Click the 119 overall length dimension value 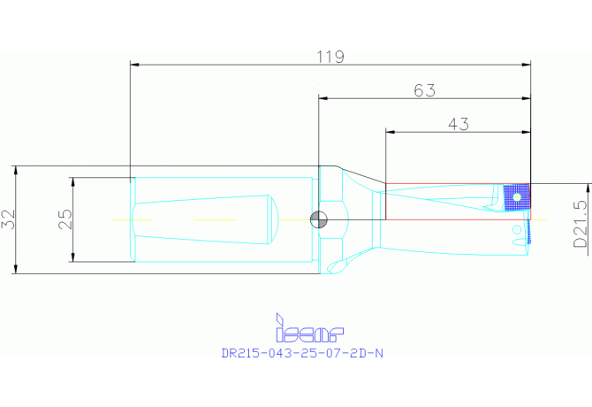[x=330, y=57]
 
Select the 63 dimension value [x=424, y=90]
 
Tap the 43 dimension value [x=459, y=124]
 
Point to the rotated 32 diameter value [x=9, y=219]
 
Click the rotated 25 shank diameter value [x=65, y=219]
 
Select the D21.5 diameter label [x=581, y=224]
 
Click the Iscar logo [x=309, y=327]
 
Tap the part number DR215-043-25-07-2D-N [x=302, y=353]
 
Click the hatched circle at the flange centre [x=319, y=219]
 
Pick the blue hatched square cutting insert [x=517, y=197]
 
